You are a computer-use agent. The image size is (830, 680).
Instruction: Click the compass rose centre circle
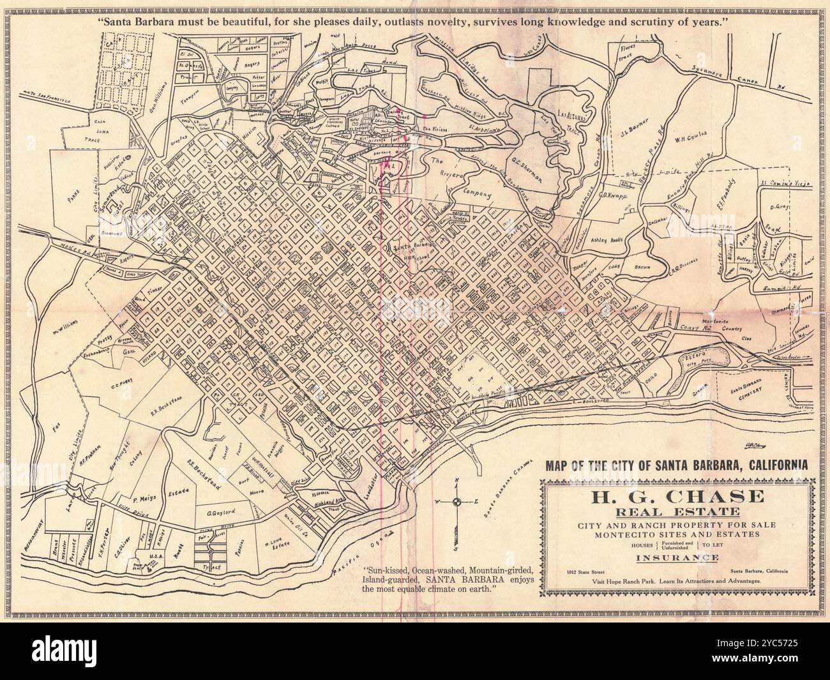[x=456, y=502]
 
